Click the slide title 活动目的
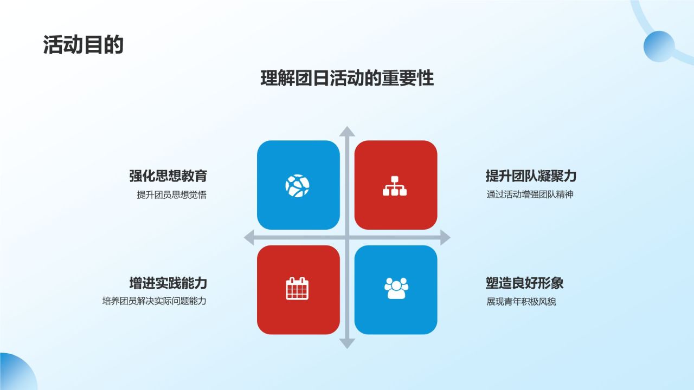(x=83, y=45)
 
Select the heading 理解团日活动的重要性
(x=347, y=78)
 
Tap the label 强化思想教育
(x=168, y=175)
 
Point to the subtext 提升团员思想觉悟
(x=172, y=195)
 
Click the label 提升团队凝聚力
(x=531, y=175)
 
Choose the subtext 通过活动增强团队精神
(x=530, y=194)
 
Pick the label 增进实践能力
(x=168, y=283)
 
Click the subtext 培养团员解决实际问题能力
(x=155, y=301)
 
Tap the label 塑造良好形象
(x=525, y=283)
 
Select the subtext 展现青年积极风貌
(x=521, y=302)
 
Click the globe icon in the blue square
(x=298, y=186)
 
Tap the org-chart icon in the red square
(x=395, y=186)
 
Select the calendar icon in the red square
(x=297, y=289)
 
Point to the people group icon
(x=396, y=289)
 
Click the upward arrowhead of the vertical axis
(x=347, y=131)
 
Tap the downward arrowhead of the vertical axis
(x=347, y=343)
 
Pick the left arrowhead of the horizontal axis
(x=249, y=237)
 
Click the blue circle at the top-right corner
(x=659, y=46)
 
